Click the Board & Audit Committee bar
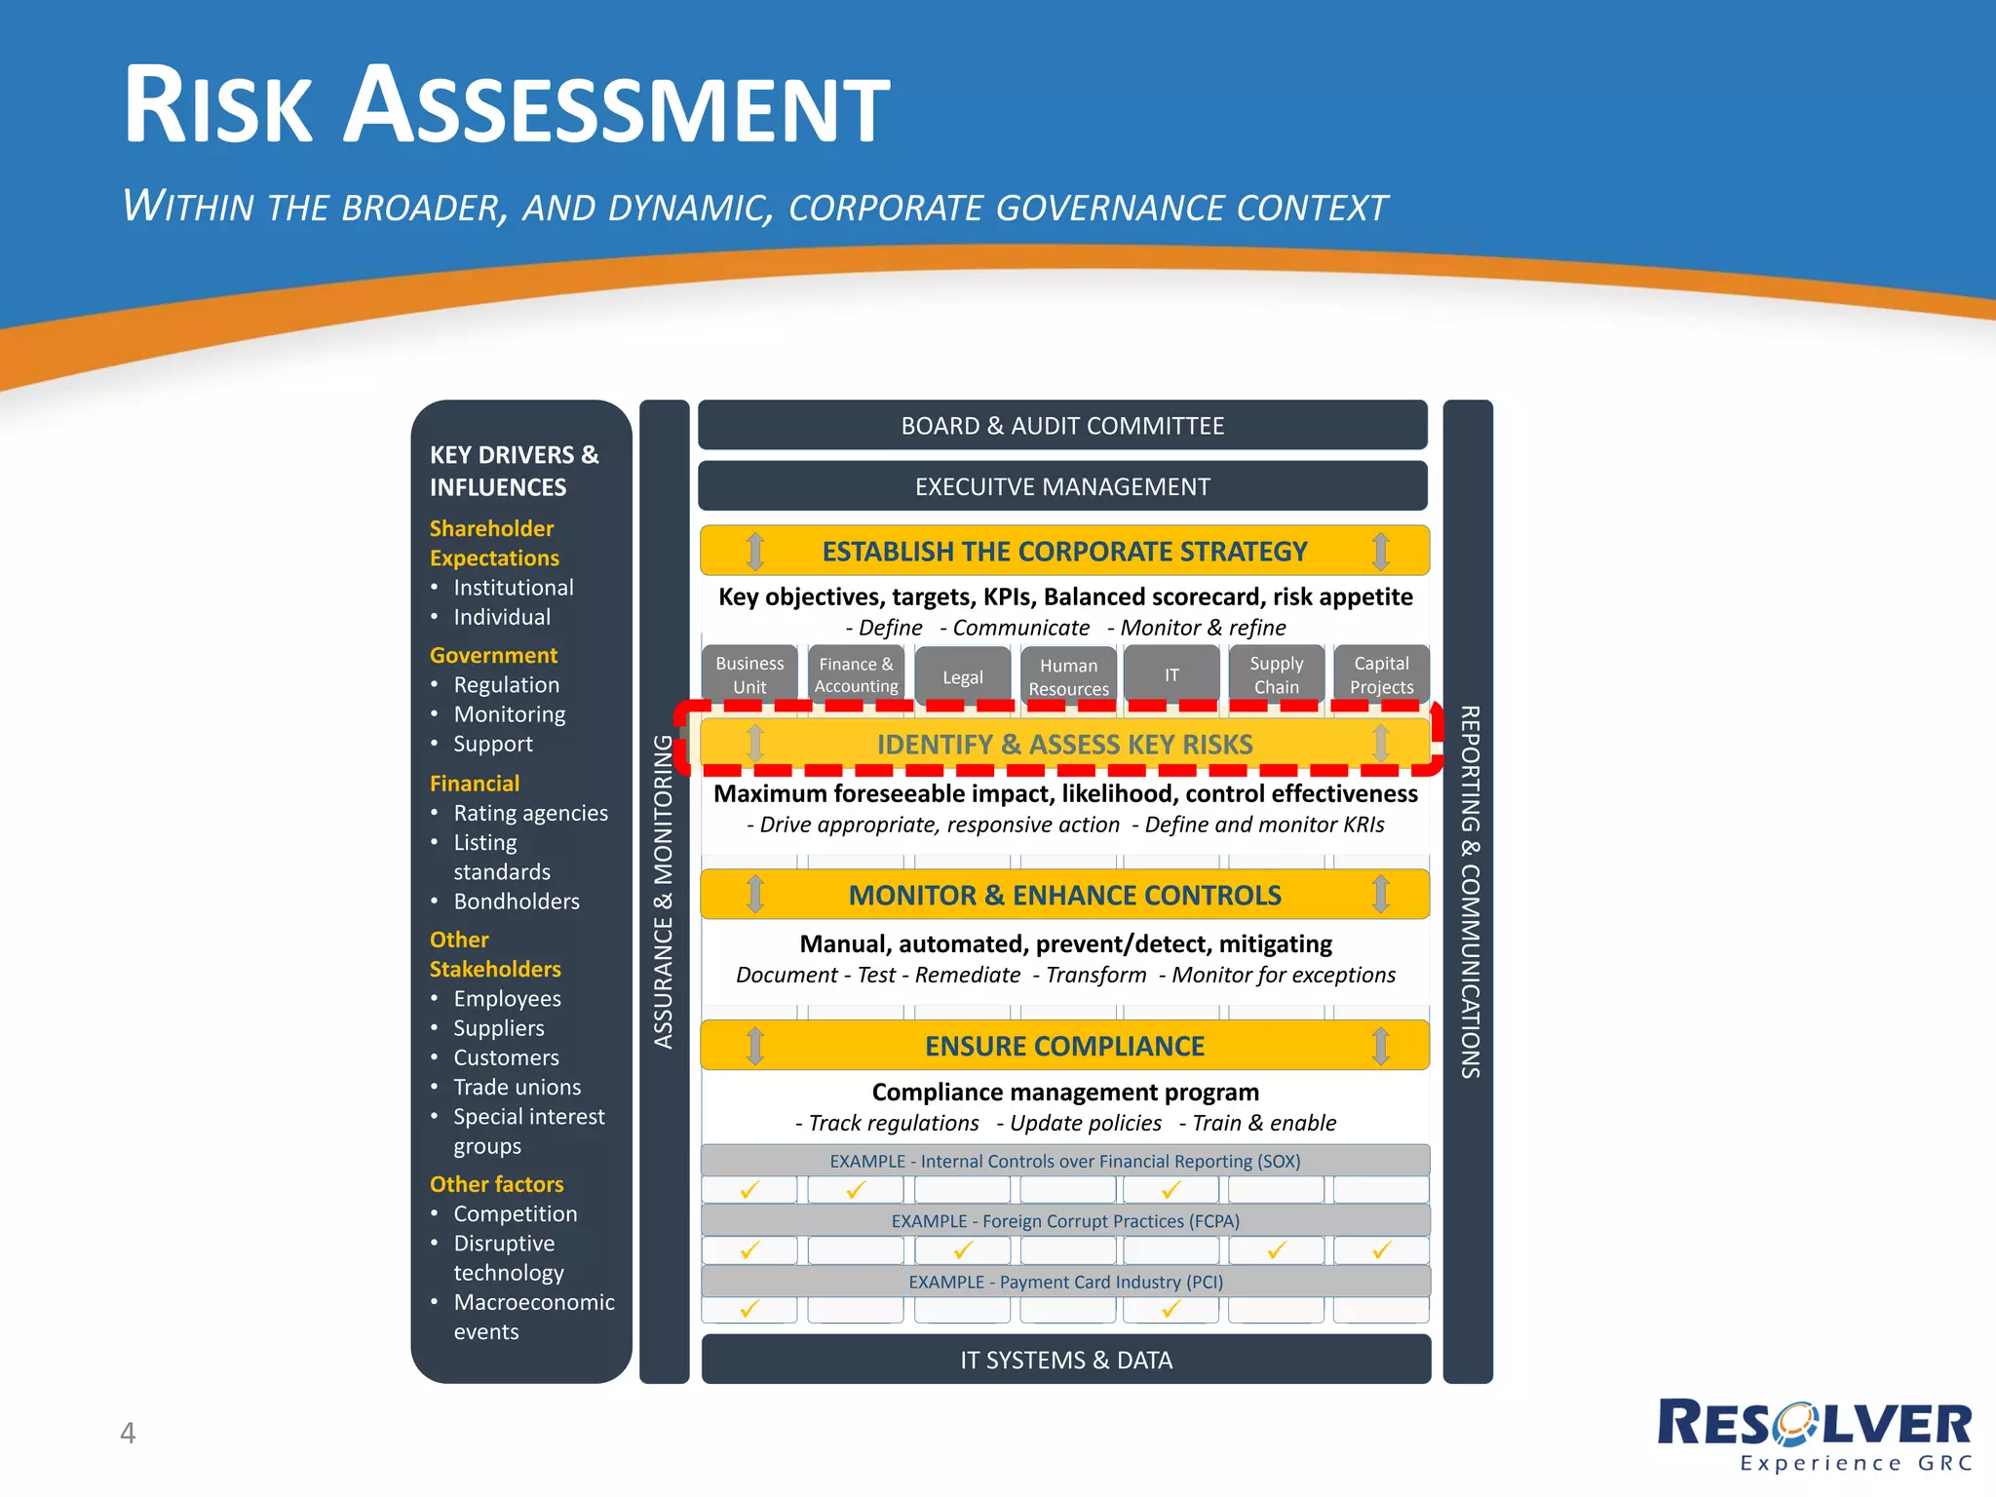[x=1062, y=426]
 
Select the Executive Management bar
[x=1062, y=486]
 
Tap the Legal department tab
[x=962, y=676]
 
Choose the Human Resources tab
[x=1068, y=676]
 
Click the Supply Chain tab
[x=1276, y=674]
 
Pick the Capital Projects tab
[x=1381, y=674]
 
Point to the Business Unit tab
[x=749, y=674]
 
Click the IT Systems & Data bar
[x=1066, y=1360]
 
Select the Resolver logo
[x=1815, y=1434]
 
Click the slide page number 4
[x=128, y=1433]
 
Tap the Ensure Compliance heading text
[x=1064, y=1046]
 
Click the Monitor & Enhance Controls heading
[x=1064, y=895]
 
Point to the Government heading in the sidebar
[x=493, y=655]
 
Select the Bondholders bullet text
[x=516, y=902]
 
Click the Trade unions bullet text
[x=517, y=1087]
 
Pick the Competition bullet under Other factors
[x=515, y=1213]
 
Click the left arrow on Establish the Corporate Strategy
[x=755, y=551]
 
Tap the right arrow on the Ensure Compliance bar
[x=1380, y=1046]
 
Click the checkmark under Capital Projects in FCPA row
[x=1381, y=1249]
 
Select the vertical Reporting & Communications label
[x=1469, y=892]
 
